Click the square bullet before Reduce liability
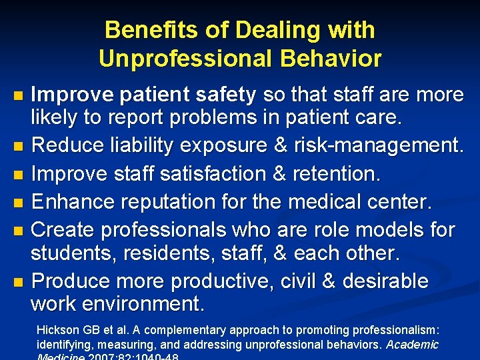point(19,145)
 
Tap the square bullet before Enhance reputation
point(19,201)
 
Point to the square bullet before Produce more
point(19,282)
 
